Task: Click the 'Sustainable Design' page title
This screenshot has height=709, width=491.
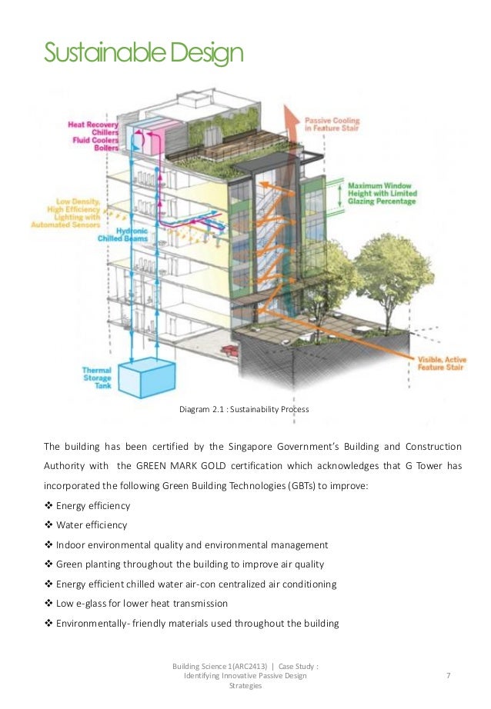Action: coord(143,53)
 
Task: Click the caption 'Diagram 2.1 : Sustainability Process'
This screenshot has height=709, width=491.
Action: coord(244,409)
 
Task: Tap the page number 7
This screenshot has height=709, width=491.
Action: coord(448,675)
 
